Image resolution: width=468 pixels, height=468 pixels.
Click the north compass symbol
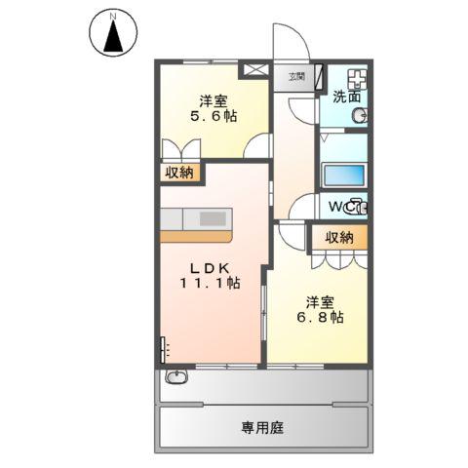coord(114,35)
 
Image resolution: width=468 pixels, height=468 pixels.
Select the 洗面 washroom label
coord(346,97)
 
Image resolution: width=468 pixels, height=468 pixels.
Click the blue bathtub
coord(343,177)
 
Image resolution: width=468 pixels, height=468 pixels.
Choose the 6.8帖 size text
coord(319,318)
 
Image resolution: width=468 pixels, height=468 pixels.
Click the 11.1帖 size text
coord(209,283)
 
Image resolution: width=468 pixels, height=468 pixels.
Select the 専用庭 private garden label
coord(263,428)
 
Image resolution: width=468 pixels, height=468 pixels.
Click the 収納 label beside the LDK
coord(178,173)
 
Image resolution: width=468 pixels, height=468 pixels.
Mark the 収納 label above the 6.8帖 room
coord(339,238)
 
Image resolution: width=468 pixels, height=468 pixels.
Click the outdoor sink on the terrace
coord(176,378)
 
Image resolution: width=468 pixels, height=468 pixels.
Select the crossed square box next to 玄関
coord(255,70)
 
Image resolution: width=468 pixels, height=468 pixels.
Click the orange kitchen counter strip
coord(196,235)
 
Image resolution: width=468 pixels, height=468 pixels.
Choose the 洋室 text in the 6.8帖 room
coord(319,301)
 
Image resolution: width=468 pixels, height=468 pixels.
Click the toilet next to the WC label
coord(358,206)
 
